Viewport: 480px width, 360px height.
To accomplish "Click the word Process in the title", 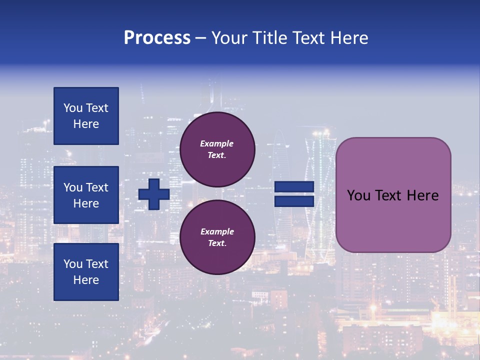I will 157,38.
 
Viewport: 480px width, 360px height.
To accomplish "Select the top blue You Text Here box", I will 86,116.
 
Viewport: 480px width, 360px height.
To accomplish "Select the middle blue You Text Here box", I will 86,195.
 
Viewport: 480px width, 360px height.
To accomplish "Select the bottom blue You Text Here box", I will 86,272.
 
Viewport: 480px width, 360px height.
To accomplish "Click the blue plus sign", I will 154,194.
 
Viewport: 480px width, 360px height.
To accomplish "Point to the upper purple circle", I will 217,149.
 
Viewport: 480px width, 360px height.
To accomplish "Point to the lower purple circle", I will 217,237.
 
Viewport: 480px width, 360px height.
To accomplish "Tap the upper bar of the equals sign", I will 294,187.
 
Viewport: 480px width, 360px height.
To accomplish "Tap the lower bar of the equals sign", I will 294,201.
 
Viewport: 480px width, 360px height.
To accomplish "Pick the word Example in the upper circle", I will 217,143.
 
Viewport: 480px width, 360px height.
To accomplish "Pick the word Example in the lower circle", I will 217,231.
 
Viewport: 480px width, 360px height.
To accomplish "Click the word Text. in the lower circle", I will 217,243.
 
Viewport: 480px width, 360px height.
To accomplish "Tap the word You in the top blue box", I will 73,108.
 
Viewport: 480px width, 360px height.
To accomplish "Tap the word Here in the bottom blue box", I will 86,280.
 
